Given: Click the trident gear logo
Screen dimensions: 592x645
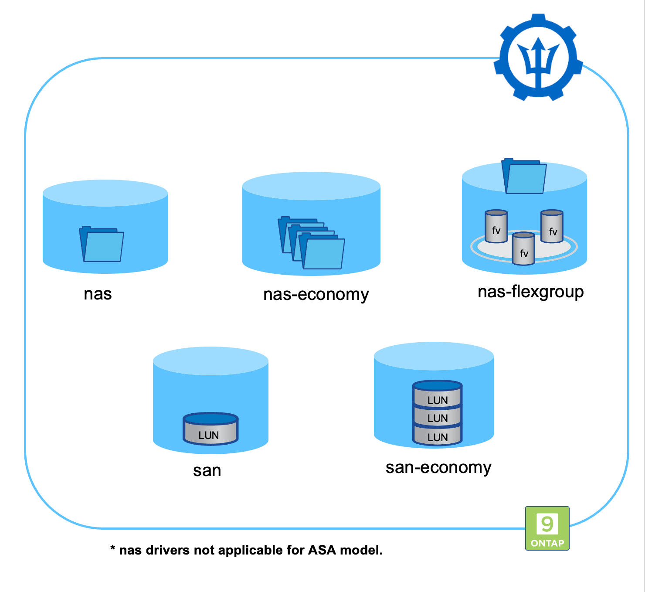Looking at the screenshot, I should coord(538,57).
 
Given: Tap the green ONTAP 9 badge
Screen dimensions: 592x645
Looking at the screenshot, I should coord(547,528).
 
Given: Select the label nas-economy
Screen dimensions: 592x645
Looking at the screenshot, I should coord(316,294).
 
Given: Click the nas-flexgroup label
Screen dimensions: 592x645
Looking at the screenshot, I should coord(530,292).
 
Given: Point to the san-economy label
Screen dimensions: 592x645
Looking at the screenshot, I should coord(438,467).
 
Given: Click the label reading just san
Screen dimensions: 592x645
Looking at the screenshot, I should coord(207,470).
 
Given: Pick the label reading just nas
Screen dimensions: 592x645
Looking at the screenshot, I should coord(98,294).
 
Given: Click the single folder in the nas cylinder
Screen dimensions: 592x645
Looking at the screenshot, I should coord(102,244).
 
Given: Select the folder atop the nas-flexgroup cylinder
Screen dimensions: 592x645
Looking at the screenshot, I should coord(524,176).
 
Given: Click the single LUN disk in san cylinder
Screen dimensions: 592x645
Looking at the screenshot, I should coord(210,429).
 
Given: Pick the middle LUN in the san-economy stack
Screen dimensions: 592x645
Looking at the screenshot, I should coord(437,417).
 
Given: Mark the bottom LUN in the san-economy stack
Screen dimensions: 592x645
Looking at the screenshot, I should coord(437,436).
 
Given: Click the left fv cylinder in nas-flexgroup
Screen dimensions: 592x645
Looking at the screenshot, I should coord(496,227).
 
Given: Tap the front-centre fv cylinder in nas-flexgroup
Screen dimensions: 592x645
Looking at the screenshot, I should coord(523,249).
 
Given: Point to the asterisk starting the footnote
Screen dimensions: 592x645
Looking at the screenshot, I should coord(113,548).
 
